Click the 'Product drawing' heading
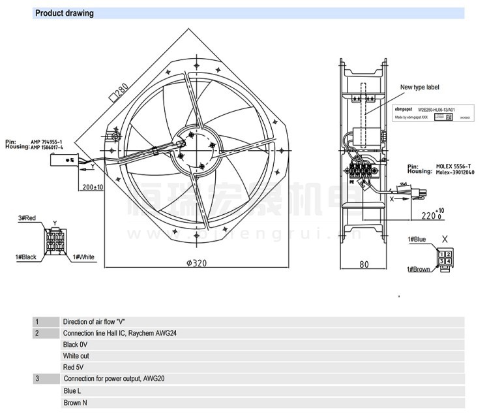pos(64,13)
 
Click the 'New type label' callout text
pos(421,86)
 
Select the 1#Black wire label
pos(24,257)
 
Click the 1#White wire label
pos(83,257)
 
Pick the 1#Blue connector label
pos(417,240)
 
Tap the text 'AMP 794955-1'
pos(47,142)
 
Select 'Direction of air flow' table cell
pos(94,322)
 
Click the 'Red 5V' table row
pos(74,368)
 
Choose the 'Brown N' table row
pos(76,403)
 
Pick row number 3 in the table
pos(37,379)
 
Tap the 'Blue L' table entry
pos(72,391)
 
